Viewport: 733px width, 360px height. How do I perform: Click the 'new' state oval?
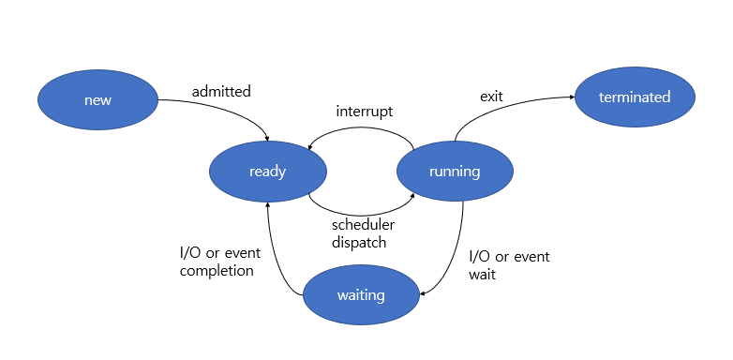97,99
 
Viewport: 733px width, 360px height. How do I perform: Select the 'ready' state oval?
267,172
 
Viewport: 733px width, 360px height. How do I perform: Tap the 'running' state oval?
455,172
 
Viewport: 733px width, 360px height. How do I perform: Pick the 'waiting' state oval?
361,295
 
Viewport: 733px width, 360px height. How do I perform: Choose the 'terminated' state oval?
635,97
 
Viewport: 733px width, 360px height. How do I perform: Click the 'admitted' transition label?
221,92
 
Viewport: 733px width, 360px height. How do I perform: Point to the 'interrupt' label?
364,112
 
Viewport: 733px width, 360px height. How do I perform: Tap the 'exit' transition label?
491,96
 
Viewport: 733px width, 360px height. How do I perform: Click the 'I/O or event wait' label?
508,265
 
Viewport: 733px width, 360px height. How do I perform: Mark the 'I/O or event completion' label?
217,262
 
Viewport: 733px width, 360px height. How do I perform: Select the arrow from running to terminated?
506,105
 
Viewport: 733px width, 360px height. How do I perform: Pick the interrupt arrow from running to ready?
361,128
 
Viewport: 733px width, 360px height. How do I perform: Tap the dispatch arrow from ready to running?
361,213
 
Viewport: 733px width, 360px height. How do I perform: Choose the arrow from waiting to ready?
277,253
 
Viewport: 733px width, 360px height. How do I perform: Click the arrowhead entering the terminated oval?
570,97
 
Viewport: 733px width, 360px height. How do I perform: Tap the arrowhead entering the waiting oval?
423,294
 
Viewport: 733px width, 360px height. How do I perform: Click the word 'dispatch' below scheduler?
359,242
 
